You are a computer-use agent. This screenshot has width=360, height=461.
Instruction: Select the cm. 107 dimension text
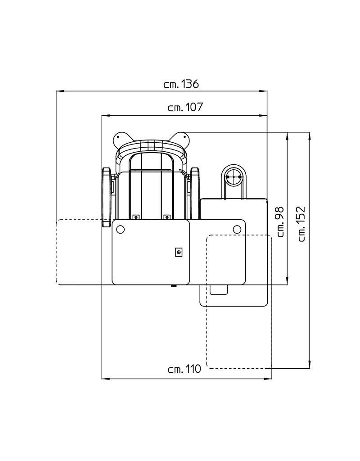pos(185,108)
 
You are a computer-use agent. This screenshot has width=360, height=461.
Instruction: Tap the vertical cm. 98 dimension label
pos(279,221)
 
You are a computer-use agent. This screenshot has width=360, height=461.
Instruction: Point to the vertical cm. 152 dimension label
pos(301,224)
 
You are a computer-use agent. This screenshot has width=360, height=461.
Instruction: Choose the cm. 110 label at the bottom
pos(184,370)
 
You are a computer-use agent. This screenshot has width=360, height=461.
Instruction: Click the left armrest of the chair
pos(106,197)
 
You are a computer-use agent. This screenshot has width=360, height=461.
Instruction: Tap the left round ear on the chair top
pos(120,138)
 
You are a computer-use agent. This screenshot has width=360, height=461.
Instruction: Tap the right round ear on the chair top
pos(181,136)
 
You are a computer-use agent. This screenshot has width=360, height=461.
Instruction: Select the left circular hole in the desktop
pos(120,229)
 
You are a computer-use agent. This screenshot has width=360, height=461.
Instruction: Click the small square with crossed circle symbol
pos(179,253)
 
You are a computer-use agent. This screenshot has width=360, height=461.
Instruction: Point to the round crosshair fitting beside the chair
pos(233,177)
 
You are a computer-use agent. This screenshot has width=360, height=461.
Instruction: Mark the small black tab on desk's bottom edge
pos(173,285)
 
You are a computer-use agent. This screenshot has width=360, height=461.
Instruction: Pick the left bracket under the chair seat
pos(135,217)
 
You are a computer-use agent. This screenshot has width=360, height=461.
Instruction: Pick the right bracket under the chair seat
pos(167,217)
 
